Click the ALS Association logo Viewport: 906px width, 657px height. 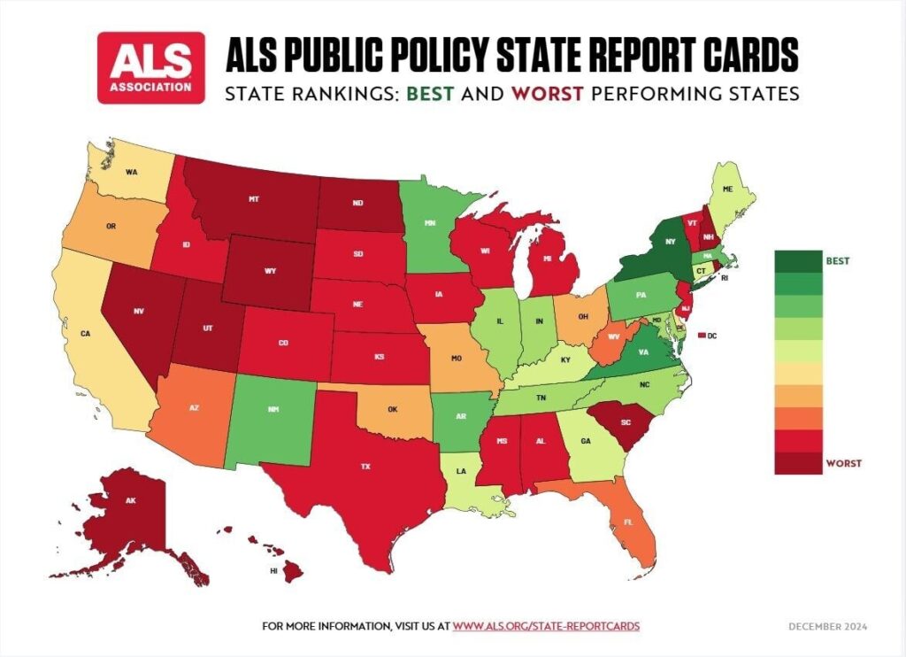tap(151, 68)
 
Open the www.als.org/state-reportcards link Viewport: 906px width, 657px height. tap(546, 626)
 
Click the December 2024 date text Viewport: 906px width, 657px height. tap(828, 626)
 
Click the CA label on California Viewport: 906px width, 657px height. tap(86, 334)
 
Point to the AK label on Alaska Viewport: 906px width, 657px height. tap(130, 500)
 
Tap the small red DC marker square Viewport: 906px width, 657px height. tap(702, 336)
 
